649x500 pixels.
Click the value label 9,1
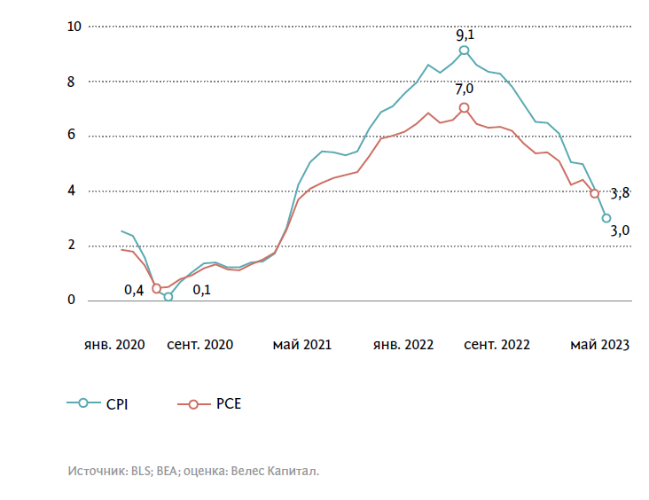coord(465,35)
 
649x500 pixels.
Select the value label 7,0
coord(465,89)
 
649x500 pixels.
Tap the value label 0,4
coord(134,289)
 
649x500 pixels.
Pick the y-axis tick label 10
coord(74,27)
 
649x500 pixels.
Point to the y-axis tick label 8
coord(72,82)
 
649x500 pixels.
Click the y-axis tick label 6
coord(72,136)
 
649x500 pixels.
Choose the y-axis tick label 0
coord(72,301)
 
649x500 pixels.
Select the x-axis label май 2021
coord(301,345)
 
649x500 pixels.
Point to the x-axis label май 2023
coord(599,345)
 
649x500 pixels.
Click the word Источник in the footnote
coord(96,472)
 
